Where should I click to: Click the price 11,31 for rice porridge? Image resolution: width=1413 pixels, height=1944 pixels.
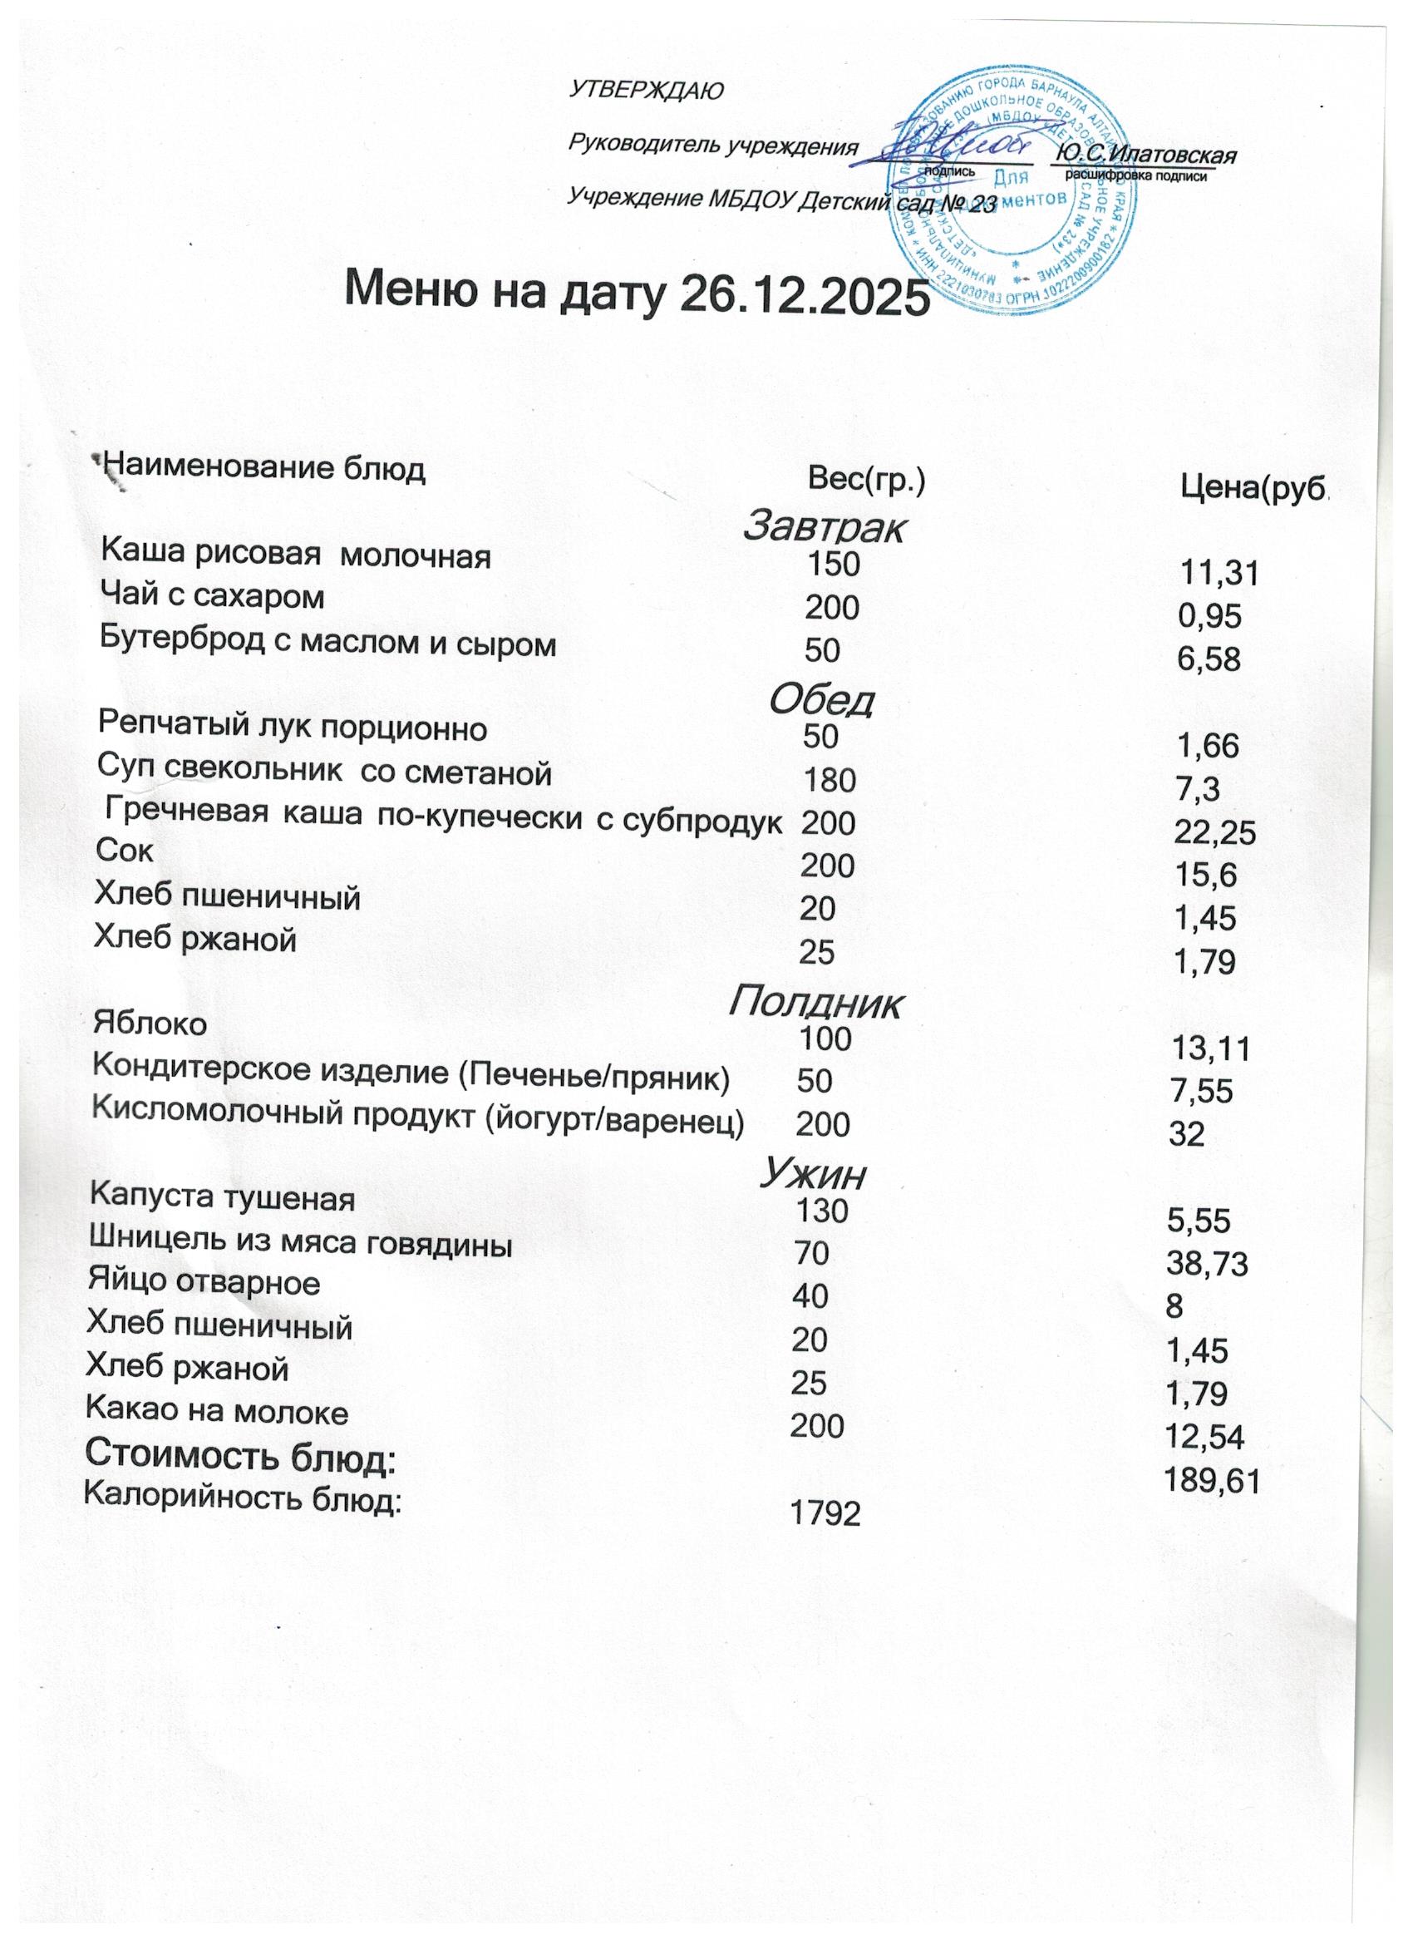(x=1219, y=574)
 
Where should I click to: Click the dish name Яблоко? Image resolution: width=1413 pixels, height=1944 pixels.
(x=150, y=1024)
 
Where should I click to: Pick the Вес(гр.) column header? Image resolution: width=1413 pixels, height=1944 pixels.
(x=867, y=481)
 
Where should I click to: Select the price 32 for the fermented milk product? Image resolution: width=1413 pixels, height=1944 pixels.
(x=1188, y=1135)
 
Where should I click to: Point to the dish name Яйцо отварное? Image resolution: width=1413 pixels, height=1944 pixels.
(x=204, y=1283)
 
